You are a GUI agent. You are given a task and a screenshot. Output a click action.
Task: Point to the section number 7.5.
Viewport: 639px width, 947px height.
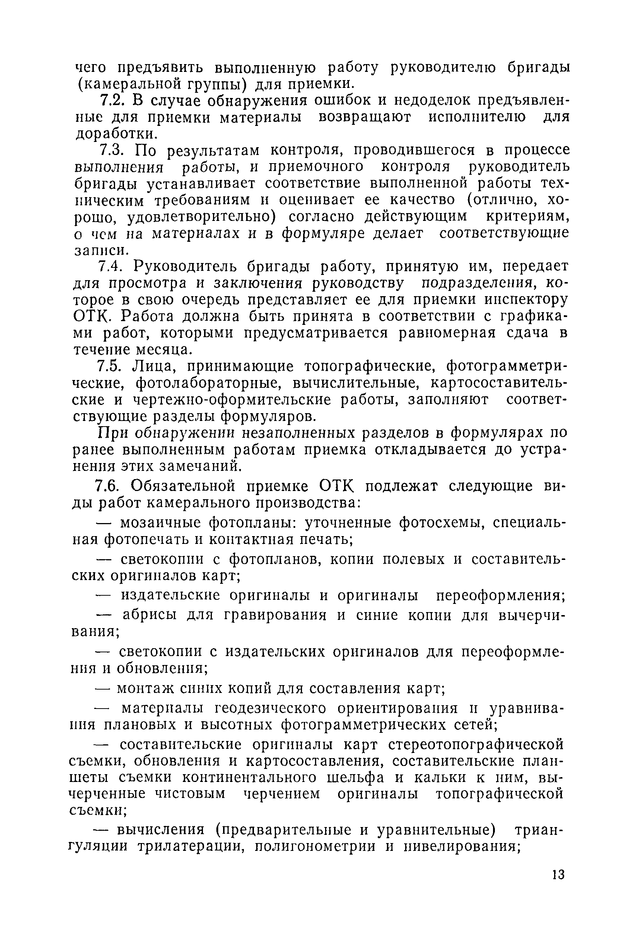109,366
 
